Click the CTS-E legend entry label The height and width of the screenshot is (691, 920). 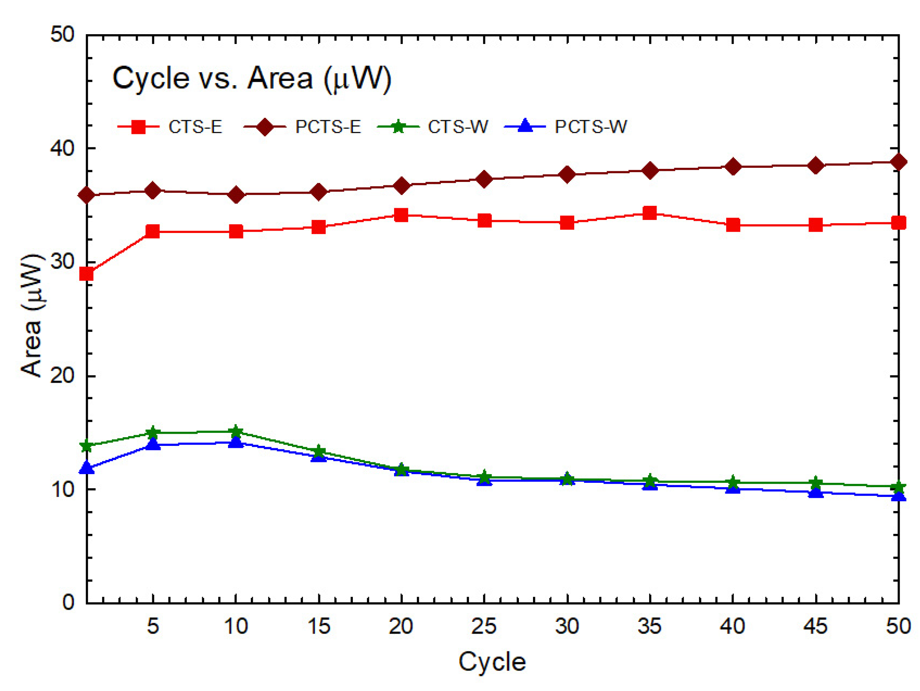click(x=195, y=126)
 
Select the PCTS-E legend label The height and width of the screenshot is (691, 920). click(x=328, y=126)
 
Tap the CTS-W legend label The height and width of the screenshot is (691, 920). click(x=458, y=126)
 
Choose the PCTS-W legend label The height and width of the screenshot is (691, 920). click(x=591, y=126)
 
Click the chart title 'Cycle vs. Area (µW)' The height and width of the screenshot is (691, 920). click(x=252, y=78)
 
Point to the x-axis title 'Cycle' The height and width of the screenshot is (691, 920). click(x=492, y=662)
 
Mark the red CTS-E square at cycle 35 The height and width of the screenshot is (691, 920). click(x=650, y=213)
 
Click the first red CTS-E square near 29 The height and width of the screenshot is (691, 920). click(x=86, y=274)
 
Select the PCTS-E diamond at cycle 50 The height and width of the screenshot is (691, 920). click(x=899, y=161)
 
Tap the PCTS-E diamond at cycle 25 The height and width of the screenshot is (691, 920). click(x=484, y=179)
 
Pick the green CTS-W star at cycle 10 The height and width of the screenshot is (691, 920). click(x=236, y=431)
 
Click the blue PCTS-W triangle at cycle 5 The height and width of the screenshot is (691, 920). click(x=153, y=444)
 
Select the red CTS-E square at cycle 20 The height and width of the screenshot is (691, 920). click(x=402, y=215)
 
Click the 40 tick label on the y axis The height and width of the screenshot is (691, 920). click(x=62, y=148)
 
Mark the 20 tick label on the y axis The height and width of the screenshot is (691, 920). click(x=62, y=376)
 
